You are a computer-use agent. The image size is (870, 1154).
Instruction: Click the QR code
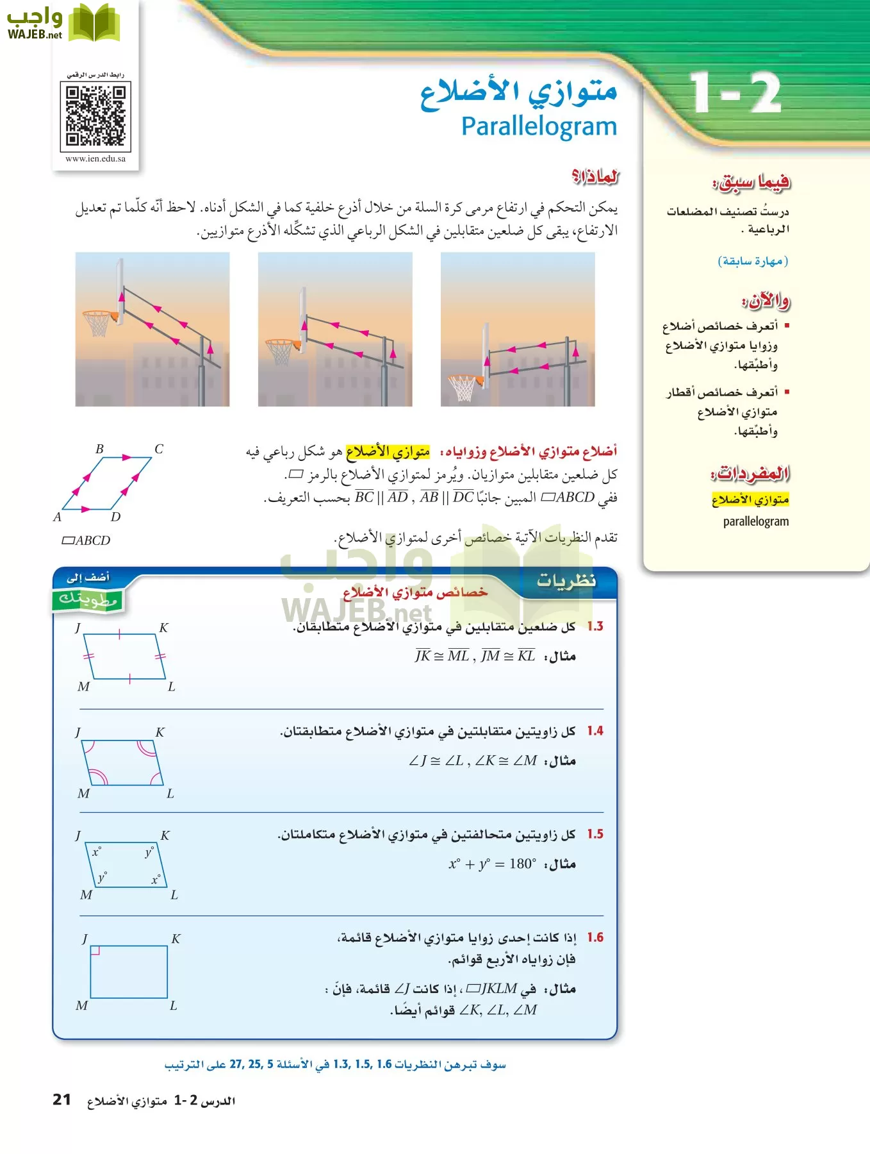95,116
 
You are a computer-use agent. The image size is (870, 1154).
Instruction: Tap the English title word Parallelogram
539,126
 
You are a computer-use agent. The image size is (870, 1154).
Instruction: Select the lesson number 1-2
735,94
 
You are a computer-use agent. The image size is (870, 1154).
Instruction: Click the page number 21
62,1100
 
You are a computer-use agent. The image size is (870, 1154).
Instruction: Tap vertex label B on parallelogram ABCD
99,449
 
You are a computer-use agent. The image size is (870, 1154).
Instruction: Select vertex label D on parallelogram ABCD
115,517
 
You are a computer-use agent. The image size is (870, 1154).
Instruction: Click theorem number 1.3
595,626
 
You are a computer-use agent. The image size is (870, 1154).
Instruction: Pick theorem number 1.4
595,731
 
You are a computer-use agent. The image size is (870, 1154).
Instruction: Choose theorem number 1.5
595,834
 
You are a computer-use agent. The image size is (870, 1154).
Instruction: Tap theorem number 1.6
595,937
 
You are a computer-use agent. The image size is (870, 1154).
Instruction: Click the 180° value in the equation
523,864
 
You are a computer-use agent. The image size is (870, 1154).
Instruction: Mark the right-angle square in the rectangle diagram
95,951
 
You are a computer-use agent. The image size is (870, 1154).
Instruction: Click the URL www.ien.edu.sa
95,159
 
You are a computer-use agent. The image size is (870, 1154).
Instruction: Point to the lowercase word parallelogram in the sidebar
756,521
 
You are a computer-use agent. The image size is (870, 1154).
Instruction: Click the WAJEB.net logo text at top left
35,35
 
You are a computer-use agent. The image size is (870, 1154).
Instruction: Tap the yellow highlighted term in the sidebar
750,499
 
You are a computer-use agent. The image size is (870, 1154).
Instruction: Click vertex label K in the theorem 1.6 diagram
176,939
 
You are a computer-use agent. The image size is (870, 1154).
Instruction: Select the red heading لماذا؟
595,176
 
